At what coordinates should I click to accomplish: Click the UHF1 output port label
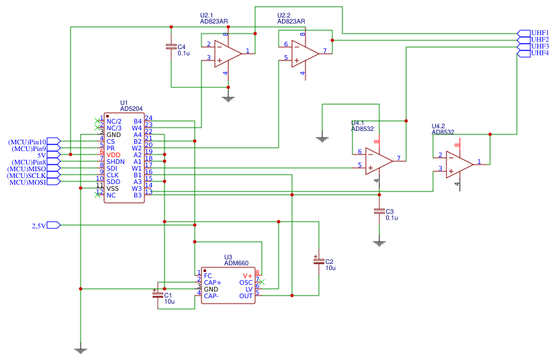(x=540, y=33)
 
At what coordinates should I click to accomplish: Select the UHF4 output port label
(x=540, y=53)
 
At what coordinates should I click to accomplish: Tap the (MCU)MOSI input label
(x=28, y=182)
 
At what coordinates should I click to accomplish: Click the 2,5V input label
(x=39, y=226)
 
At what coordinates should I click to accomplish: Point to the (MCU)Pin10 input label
(x=28, y=142)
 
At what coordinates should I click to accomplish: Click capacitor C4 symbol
(x=171, y=47)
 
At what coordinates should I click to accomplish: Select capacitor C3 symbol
(x=379, y=212)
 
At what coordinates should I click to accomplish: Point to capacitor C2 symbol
(x=318, y=261)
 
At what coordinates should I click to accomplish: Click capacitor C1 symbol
(x=158, y=296)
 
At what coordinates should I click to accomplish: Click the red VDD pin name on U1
(x=113, y=155)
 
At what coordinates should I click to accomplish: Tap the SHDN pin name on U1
(x=115, y=162)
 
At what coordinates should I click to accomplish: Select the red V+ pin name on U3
(x=247, y=275)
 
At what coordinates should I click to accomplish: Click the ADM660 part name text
(x=237, y=263)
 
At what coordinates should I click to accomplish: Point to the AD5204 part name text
(x=132, y=108)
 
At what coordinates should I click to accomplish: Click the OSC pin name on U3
(x=246, y=282)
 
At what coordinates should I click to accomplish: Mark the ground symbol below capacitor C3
(x=379, y=243)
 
